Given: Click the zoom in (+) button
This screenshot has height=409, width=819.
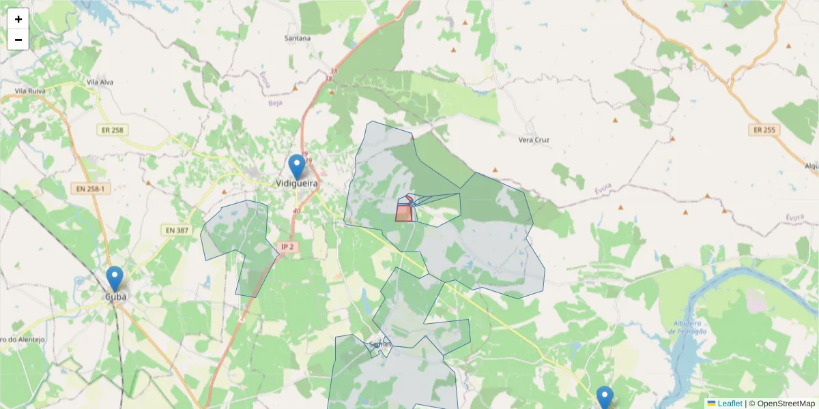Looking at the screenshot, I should [18, 19].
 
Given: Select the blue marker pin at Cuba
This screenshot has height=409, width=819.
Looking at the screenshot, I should [115, 279].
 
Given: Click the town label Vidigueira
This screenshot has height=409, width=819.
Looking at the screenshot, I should [298, 183].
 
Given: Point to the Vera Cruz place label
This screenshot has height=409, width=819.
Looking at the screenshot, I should [534, 140].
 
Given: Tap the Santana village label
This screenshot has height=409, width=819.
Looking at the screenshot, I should [297, 38].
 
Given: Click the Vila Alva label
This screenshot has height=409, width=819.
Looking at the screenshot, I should [100, 82].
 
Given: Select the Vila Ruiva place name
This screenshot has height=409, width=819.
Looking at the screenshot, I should [29, 90].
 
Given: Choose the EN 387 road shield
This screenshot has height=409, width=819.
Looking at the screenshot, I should [176, 230].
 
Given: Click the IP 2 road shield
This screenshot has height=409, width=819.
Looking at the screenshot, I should [288, 246].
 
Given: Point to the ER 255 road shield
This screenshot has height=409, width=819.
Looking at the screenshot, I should [764, 130].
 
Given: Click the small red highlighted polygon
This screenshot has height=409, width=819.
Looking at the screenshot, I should [403, 213].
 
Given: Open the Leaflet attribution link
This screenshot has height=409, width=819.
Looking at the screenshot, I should [729, 404].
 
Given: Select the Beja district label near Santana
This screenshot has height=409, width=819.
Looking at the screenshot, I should [275, 103].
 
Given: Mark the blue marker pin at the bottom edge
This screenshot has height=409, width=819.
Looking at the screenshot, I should [605, 397].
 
